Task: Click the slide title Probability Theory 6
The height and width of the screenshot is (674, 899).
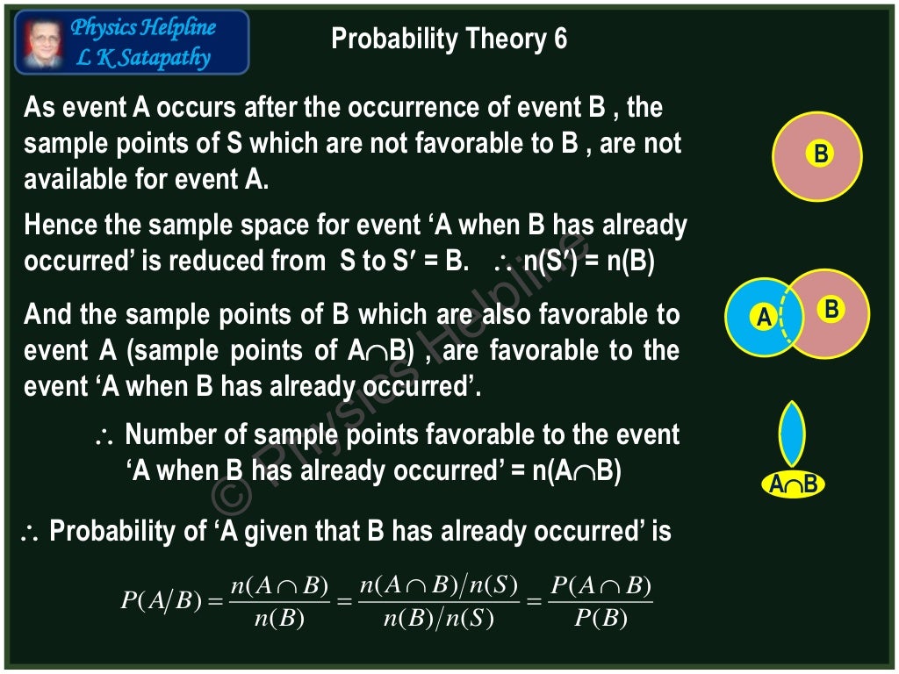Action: pos(449,39)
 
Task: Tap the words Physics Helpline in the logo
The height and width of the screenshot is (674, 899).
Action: pos(143,28)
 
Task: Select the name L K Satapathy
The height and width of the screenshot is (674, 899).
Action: pos(144,58)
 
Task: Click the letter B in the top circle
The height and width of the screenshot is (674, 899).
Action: pos(821,154)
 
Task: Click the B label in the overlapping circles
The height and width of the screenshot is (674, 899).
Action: pos(831,309)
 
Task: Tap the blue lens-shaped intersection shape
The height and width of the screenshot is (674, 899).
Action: pos(793,434)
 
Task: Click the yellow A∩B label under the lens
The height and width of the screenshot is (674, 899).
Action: pos(793,484)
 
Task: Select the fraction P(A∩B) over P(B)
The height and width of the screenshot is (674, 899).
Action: pos(601,602)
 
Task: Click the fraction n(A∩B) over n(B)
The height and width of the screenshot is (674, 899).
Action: pos(279,602)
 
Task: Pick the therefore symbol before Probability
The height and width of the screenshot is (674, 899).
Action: pos(32,532)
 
